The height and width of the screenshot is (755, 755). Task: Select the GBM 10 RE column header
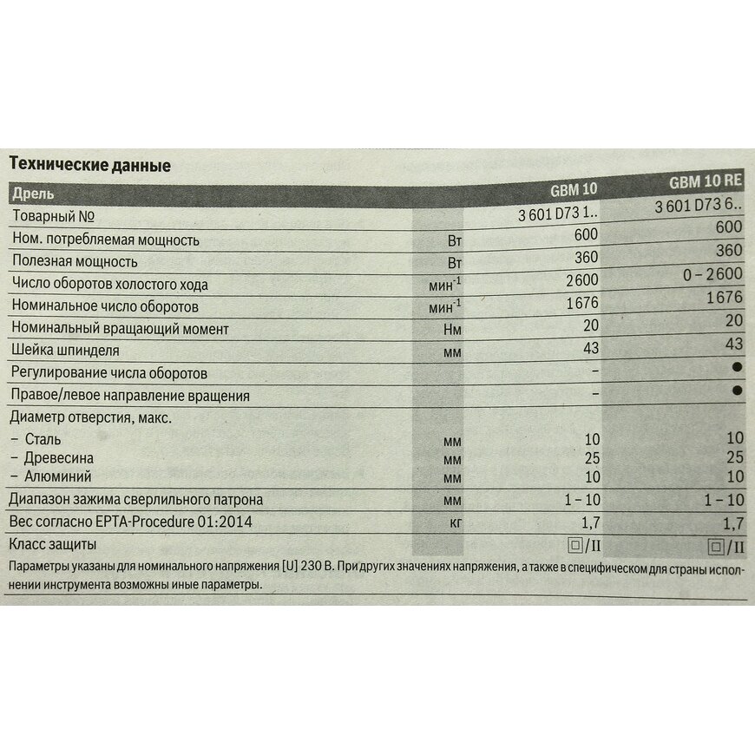click(706, 182)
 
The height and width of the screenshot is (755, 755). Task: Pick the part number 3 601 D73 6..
click(698, 207)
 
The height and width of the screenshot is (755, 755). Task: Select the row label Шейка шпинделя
click(65, 351)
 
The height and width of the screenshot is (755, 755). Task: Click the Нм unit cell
click(451, 330)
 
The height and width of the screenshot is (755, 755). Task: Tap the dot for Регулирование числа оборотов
click(738, 368)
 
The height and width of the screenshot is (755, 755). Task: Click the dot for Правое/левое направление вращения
click(738, 391)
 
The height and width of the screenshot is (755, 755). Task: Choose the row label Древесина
click(59, 457)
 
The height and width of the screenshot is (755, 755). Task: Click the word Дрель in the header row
click(33, 193)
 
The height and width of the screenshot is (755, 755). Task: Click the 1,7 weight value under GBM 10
click(587, 523)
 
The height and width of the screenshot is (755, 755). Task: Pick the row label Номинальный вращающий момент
click(119, 329)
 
